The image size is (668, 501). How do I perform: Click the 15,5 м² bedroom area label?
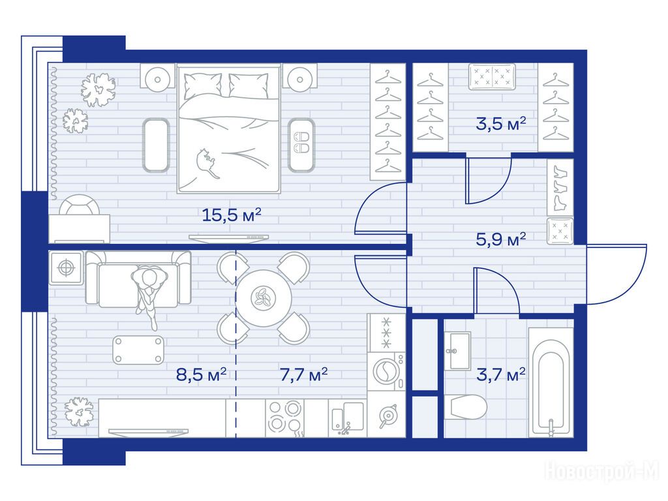click(231, 214)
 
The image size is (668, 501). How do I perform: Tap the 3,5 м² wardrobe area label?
click(501, 123)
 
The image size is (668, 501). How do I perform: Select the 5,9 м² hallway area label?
click(501, 239)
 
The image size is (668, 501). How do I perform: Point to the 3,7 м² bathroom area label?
click(501, 374)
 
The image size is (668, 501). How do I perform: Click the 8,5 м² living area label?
click(201, 374)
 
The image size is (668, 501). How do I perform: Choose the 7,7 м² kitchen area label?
click(304, 374)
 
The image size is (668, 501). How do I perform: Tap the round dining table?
click(264, 298)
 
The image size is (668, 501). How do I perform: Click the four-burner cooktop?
click(285, 418)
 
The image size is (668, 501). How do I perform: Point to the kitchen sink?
click(348, 418)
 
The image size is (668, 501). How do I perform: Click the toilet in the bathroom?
click(465, 407)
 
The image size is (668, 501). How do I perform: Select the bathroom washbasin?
click(457, 352)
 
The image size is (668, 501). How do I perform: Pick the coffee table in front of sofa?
click(138, 350)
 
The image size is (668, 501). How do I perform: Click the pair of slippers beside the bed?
click(301, 142)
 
